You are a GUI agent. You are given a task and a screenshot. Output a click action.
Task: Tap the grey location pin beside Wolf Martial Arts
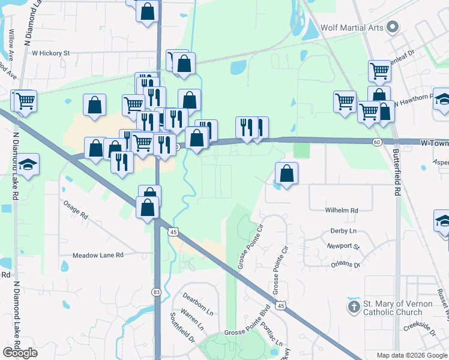point(393,27)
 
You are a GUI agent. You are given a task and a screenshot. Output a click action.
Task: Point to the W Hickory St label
point(51,53)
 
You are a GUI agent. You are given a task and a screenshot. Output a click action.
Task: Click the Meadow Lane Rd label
point(98,255)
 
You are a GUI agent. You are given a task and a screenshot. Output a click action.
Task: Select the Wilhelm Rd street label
point(342,211)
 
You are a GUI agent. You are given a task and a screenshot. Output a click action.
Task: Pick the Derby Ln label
point(343,231)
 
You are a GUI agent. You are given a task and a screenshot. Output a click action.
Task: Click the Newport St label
point(343,247)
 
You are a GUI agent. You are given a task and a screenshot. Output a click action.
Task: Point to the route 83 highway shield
point(157,292)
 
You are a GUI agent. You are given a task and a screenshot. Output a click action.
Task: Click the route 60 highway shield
point(376,142)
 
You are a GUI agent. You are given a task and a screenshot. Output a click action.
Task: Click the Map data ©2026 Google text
point(412,355)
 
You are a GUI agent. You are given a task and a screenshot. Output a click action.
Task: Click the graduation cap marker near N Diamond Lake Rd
point(28,164)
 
